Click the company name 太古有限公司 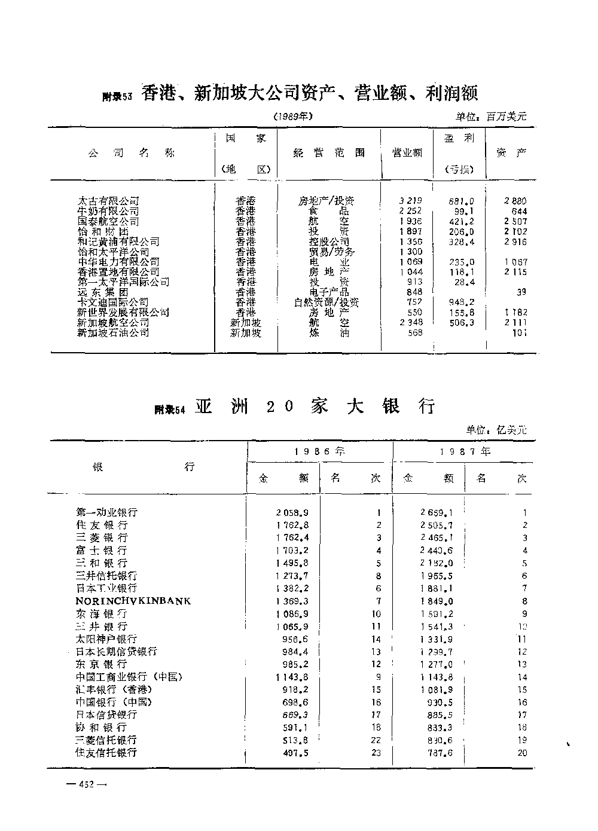click(x=108, y=201)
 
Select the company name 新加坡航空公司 click(x=113, y=323)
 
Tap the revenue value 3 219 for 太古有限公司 click(x=410, y=201)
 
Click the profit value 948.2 click(x=461, y=303)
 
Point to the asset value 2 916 click(x=515, y=242)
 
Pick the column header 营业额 click(x=407, y=153)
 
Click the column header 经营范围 click(x=329, y=153)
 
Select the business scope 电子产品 click(x=329, y=292)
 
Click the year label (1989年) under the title click(x=293, y=117)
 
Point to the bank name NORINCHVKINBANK click(x=133, y=601)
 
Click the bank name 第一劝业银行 click(x=107, y=512)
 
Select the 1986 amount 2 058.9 click(x=292, y=513)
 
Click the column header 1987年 click(x=465, y=452)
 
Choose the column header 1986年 click(x=320, y=452)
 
